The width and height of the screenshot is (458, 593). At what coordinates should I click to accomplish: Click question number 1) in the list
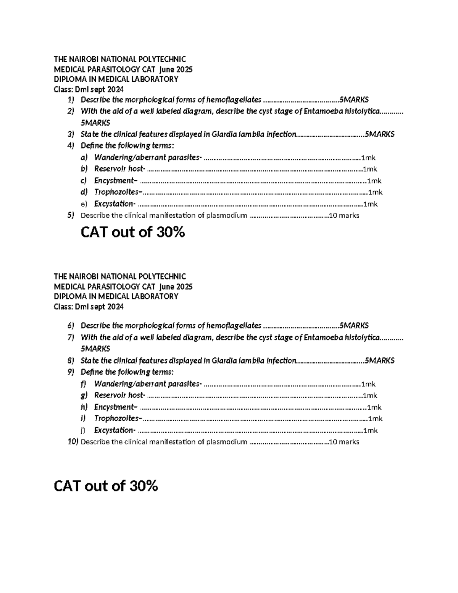tap(70, 100)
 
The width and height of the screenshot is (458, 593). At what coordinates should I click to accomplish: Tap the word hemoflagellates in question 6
tap(234, 326)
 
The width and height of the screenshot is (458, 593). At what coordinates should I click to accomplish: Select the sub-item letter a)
tap(84, 157)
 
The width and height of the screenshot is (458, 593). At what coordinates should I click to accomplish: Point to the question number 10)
tap(73, 442)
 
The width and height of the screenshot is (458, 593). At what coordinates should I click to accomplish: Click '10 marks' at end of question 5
tap(344, 215)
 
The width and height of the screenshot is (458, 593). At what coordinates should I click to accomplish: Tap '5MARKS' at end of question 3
tap(379, 134)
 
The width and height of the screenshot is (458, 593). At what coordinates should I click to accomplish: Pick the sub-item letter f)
tap(84, 384)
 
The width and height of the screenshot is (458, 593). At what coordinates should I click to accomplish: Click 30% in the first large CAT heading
tap(170, 232)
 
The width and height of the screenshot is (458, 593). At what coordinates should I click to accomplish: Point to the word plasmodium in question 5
tap(227, 215)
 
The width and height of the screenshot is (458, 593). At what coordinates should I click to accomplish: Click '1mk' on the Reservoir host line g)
tap(370, 396)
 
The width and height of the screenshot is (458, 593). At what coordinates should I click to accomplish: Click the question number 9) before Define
tap(70, 372)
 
